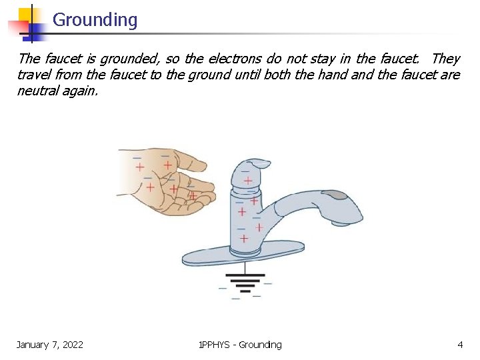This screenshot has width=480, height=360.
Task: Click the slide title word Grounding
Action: click(95, 20)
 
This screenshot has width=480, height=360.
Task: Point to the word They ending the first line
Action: click(445, 59)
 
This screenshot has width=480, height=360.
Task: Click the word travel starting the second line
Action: click(34, 75)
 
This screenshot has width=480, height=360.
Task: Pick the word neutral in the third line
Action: click(39, 91)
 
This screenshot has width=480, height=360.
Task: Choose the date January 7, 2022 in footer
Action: click(50, 345)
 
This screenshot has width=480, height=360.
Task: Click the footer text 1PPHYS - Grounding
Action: click(240, 345)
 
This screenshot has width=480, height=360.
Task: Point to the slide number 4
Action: click(460, 345)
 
